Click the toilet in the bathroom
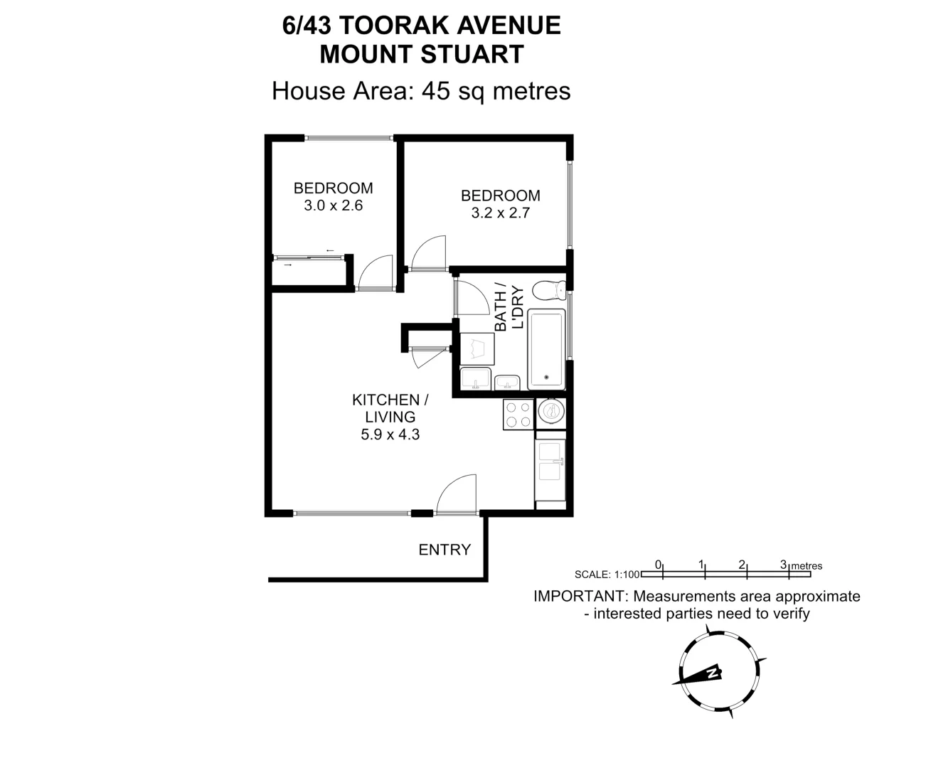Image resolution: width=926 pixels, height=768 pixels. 548,290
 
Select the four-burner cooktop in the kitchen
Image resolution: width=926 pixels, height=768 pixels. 518,415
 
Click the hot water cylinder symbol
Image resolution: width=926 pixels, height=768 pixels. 550,410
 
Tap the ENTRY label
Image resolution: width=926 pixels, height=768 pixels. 445,550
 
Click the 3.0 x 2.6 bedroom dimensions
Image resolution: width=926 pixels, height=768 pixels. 333,206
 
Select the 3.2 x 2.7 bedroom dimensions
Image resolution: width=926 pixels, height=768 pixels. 500,213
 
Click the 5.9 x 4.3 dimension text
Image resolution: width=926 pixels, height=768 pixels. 390,434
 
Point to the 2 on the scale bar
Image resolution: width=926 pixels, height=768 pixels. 742,565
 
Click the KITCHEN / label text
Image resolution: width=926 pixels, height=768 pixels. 390,400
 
